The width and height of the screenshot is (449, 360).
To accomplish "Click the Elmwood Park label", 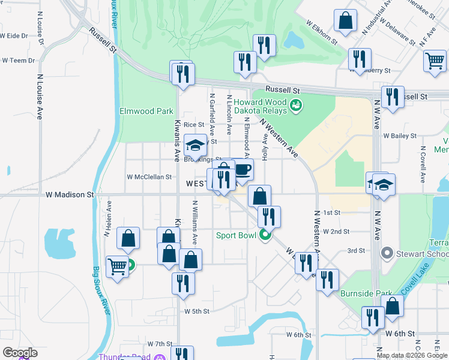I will coord(146,111).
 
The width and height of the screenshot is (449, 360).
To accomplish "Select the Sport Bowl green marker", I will coord(264,236).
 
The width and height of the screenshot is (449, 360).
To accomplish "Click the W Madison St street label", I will coord(70,194).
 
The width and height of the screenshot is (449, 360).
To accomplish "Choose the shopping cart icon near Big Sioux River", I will coord(116,266).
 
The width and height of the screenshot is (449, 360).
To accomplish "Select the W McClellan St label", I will coord(149,177).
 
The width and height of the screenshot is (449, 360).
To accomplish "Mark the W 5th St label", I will coord(197,311).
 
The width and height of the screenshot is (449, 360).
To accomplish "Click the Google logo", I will coord(20,353).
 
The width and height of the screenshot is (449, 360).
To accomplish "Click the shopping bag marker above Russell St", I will coord(346,21).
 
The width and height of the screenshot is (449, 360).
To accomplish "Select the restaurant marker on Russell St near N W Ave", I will coord(392,97).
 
